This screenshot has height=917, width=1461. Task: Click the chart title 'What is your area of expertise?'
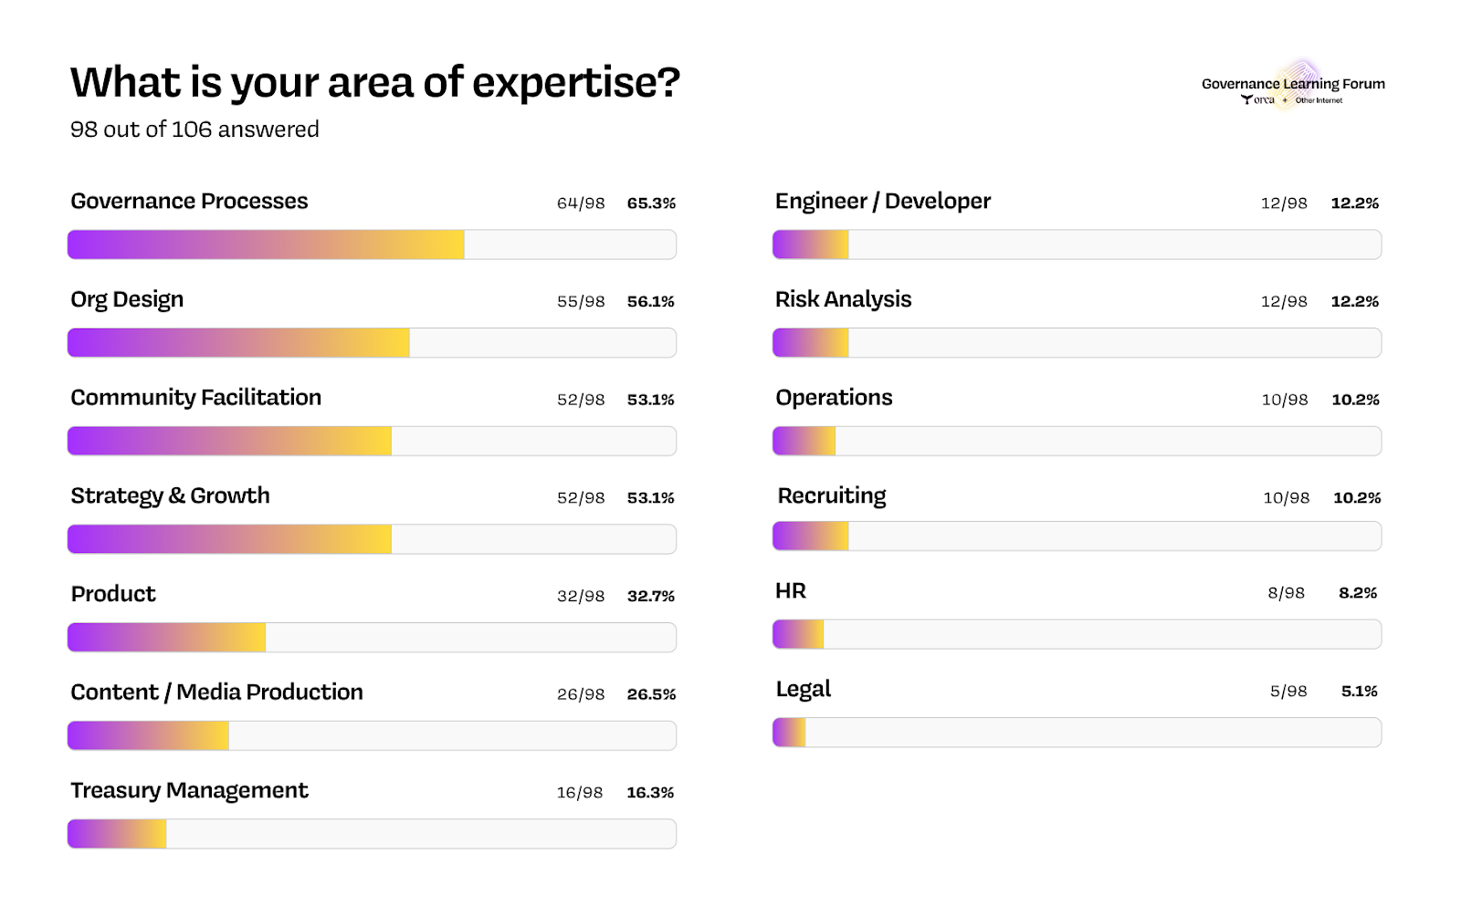tap(375, 83)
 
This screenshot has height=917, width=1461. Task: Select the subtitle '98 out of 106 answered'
tap(194, 130)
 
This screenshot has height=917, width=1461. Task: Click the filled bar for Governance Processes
tap(266, 245)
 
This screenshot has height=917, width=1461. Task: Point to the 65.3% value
tap(651, 203)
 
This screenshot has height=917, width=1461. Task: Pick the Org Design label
tap(127, 300)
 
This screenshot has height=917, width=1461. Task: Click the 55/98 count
tap(581, 301)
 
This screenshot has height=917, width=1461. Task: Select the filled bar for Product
tap(167, 637)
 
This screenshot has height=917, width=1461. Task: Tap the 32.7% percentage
tap(651, 596)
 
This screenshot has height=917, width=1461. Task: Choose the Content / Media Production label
tap(216, 693)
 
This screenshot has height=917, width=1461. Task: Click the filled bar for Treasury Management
tap(117, 834)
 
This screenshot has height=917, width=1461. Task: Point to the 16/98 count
tap(580, 792)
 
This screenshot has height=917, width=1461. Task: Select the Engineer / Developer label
tap(882, 202)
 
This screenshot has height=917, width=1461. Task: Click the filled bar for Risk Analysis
tap(811, 343)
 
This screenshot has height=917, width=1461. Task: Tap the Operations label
tap(834, 398)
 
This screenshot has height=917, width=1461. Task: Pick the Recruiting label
tap(832, 496)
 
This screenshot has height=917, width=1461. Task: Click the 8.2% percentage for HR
tap(1358, 593)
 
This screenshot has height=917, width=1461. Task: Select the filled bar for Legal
tap(790, 733)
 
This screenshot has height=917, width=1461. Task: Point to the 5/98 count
tap(1288, 692)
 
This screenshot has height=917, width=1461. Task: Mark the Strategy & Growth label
tap(170, 496)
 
